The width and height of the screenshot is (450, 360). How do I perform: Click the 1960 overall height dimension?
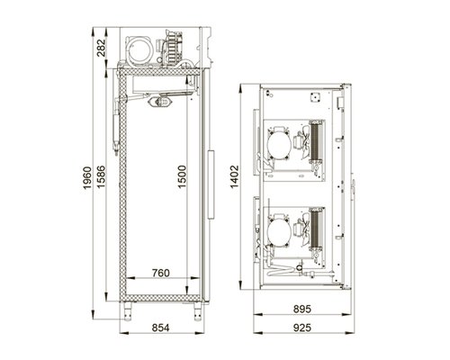87,177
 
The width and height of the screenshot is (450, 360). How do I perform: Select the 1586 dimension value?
101,176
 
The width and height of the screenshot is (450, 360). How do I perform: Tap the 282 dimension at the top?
101,48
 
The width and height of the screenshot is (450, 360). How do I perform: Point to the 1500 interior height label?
182,176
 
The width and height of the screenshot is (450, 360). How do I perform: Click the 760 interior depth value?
161,273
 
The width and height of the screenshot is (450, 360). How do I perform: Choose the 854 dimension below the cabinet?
160,328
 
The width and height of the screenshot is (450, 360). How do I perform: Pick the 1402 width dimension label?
234,176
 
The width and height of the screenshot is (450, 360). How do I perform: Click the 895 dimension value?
302,309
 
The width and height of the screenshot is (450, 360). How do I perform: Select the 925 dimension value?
302,328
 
